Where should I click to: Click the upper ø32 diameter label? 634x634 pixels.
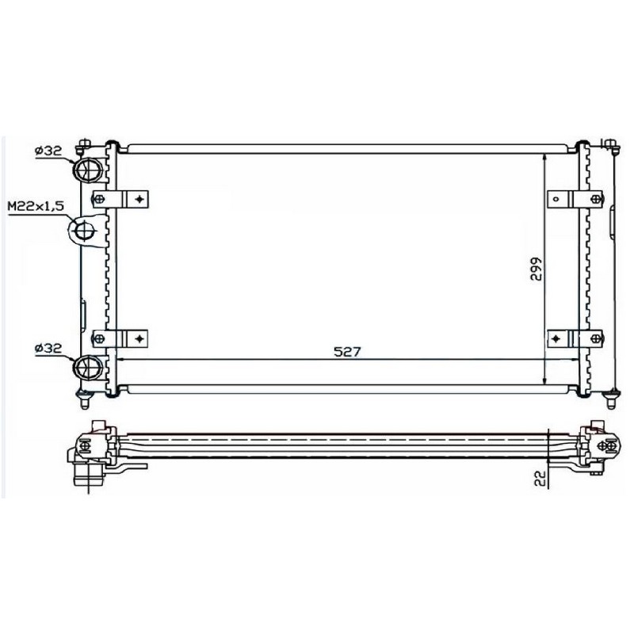(48, 151)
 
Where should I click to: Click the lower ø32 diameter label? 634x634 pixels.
(48, 348)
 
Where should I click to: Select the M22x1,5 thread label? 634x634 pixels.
(36, 207)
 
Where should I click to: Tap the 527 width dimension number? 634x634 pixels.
(347, 351)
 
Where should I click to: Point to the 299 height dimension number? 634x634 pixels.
(536, 269)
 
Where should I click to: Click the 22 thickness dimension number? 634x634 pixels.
(540, 478)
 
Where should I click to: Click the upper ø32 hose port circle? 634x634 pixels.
(86, 169)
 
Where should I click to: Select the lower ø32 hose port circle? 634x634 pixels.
(86, 366)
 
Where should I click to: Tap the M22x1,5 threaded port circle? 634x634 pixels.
(85, 231)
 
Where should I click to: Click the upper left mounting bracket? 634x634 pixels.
(120, 199)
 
